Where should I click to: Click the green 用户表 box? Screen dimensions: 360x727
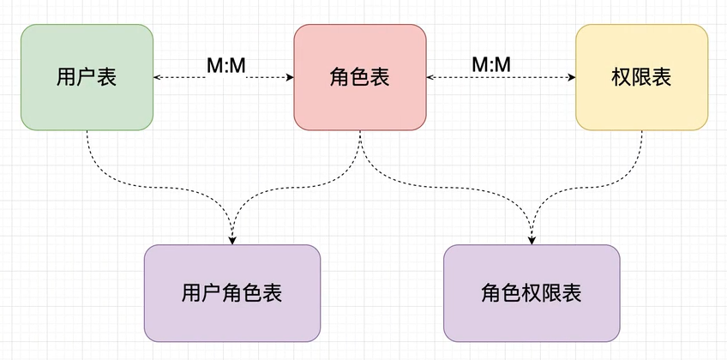[87, 77]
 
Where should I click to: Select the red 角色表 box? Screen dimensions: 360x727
[360, 77]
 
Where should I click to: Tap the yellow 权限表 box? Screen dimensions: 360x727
[641, 77]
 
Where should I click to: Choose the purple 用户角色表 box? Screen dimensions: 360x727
[232, 293]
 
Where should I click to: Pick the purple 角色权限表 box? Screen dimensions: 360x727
[532, 293]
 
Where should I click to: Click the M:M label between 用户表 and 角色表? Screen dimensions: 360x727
[225, 65]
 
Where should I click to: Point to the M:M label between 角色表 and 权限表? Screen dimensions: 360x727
[491, 65]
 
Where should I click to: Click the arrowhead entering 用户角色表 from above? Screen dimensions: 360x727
[232, 239]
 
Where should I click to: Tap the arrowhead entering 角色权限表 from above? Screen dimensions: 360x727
[532, 239]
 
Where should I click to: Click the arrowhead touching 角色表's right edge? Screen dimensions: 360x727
[431, 78]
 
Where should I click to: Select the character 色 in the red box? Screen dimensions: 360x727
[360, 78]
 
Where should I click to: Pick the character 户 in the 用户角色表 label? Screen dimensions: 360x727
[212, 294]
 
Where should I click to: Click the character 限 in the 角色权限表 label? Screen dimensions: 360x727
[552, 294]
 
